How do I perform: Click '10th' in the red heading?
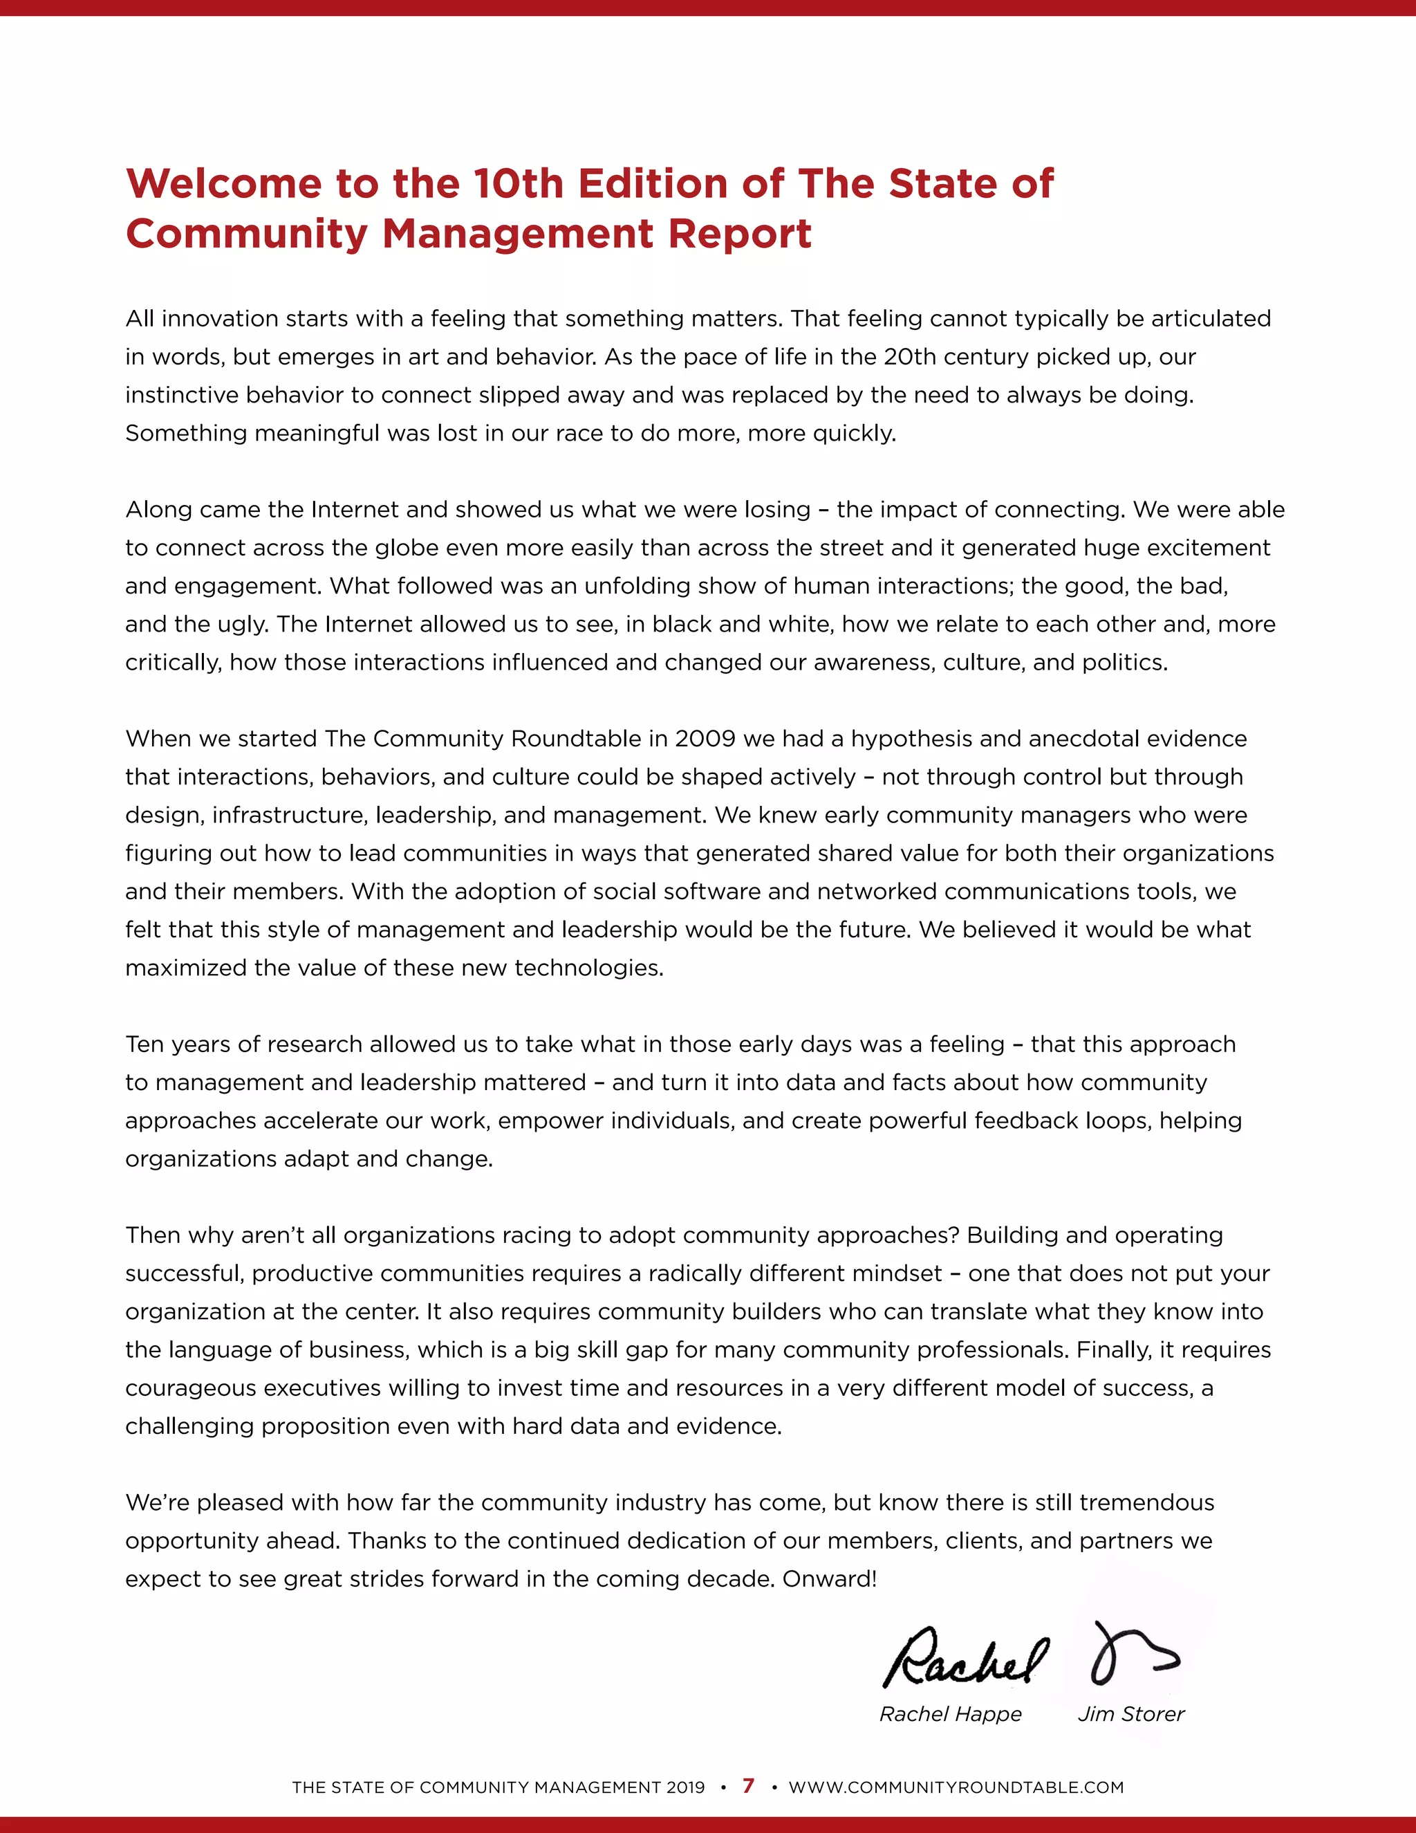pyautogui.click(x=518, y=184)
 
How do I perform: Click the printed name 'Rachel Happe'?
pyautogui.click(x=951, y=1714)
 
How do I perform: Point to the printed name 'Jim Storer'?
pyautogui.click(x=1130, y=1714)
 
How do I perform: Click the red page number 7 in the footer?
pyautogui.click(x=748, y=1786)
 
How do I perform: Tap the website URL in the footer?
pyautogui.click(x=956, y=1787)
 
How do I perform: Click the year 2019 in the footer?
pyautogui.click(x=685, y=1787)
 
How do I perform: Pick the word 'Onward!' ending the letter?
pyautogui.click(x=829, y=1578)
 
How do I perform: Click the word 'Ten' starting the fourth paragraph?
pyautogui.click(x=145, y=1044)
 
